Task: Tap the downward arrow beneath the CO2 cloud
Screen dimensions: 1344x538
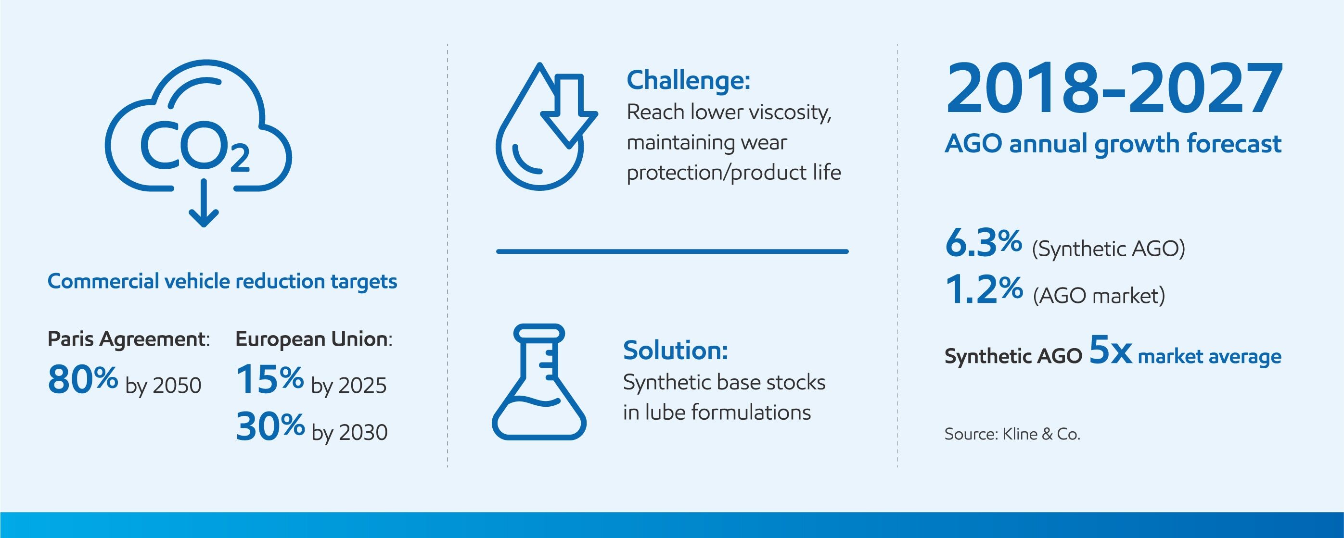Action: [x=204, y=203]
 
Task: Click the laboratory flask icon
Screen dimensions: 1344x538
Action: [x=539, y=382]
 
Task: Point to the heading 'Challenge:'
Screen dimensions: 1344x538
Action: [x=688, y=80]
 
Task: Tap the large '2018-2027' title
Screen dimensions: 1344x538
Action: [x=1114, y=88]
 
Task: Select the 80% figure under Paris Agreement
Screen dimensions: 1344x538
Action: [x=82, y=379]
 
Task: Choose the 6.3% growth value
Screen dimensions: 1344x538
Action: [x=984, y=243]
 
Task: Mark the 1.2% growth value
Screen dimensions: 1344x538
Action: [x=984, y=289]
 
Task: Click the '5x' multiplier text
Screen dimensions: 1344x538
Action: [x=1111, y=350]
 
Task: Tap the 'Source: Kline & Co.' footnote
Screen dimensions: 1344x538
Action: [x=1012, y=434]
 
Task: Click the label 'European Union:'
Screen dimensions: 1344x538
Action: [x=314, y=339]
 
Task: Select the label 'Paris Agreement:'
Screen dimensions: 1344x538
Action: [x=128, y=339]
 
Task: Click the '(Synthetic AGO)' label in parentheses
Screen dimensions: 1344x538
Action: [x=1109, y=249]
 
